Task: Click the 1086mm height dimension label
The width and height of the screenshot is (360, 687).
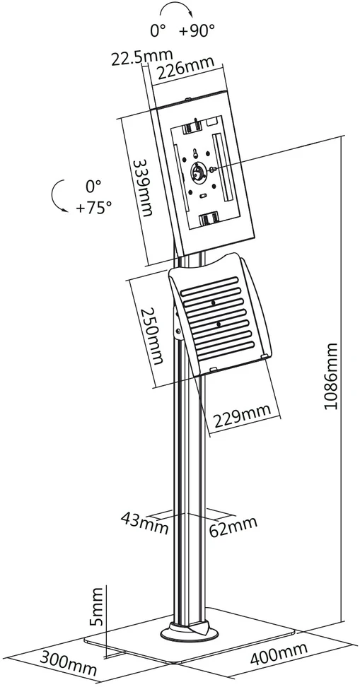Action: tap(332, 376)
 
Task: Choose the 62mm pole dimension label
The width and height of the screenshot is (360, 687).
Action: tap(233, 526)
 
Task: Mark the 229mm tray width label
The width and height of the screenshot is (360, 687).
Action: tap(242, 417)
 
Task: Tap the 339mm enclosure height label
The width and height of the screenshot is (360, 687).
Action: tap(144, 187)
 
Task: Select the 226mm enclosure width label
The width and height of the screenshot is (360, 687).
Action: tap(186, 69)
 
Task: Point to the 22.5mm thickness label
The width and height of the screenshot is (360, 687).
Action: tap(142, 57)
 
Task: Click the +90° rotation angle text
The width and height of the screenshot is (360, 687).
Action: tap(197, 31)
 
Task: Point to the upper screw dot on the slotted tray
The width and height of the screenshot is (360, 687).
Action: tap(213, 303)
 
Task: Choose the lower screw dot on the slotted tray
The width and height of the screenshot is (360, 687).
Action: tap(218, 324)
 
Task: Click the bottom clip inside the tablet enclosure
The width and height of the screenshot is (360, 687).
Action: tap(209, 218)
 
